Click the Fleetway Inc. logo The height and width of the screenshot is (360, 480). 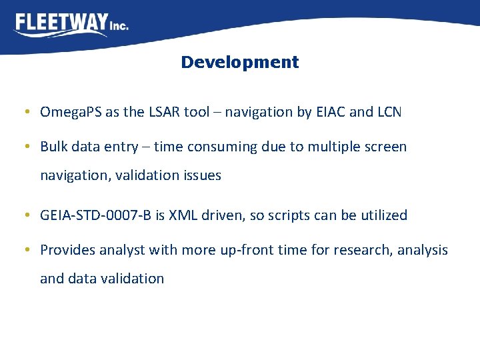pyautogui.click(x=71, y=25)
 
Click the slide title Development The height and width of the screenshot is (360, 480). pyautogui.click(x=239, y=62)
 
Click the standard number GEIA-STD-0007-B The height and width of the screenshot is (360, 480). pyautogui.click(x=97, y=215)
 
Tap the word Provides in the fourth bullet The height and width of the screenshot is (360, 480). pyautogui.click(x=68, y=249)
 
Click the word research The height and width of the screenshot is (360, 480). pyautogui.click(x=363, y=249)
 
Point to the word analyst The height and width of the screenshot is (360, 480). pyautogui.click(x=123, y=249)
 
